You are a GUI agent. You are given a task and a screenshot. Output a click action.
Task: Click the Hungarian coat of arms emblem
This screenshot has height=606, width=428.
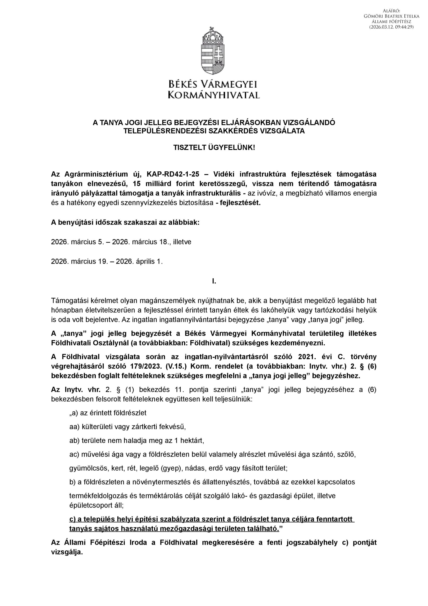click(214, 51)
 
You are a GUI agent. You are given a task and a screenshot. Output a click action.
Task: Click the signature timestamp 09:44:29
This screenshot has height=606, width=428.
click(404, 27)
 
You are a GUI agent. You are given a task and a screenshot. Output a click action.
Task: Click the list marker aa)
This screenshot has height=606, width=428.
click(75, 427)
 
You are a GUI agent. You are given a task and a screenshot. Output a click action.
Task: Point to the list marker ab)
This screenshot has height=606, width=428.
click(75, 441)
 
